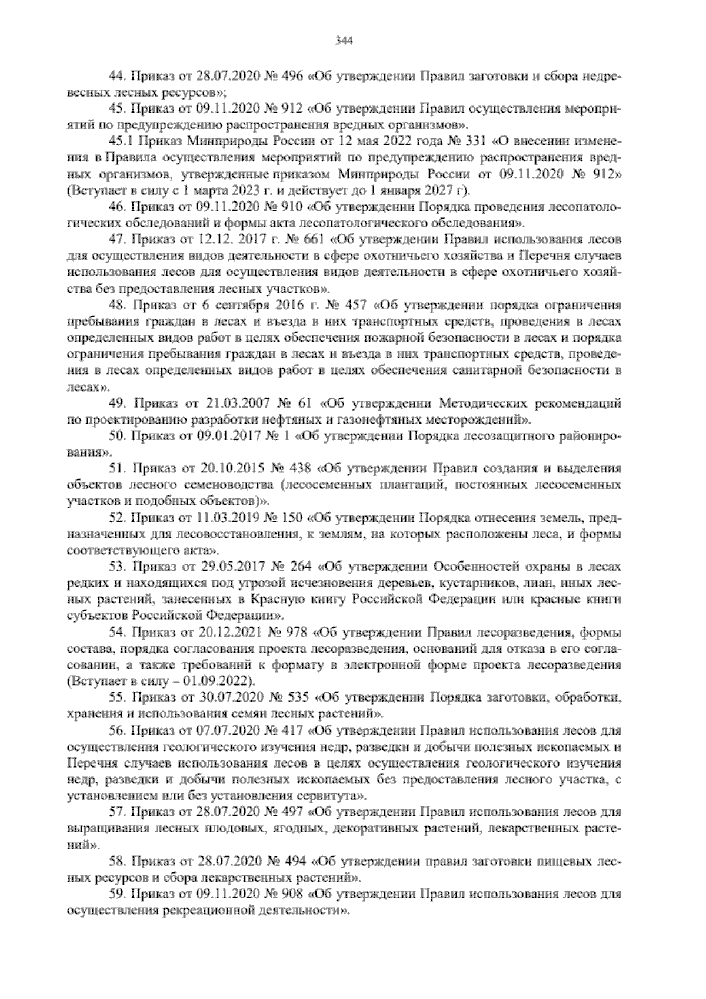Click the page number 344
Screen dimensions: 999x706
coord(344,41)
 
